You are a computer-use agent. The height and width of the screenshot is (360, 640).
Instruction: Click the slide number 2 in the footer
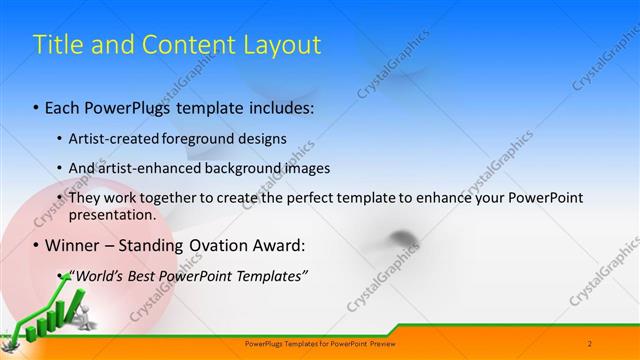tap(590, 344)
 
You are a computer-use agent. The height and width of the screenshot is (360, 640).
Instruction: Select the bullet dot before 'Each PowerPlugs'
tap(37, 107)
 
